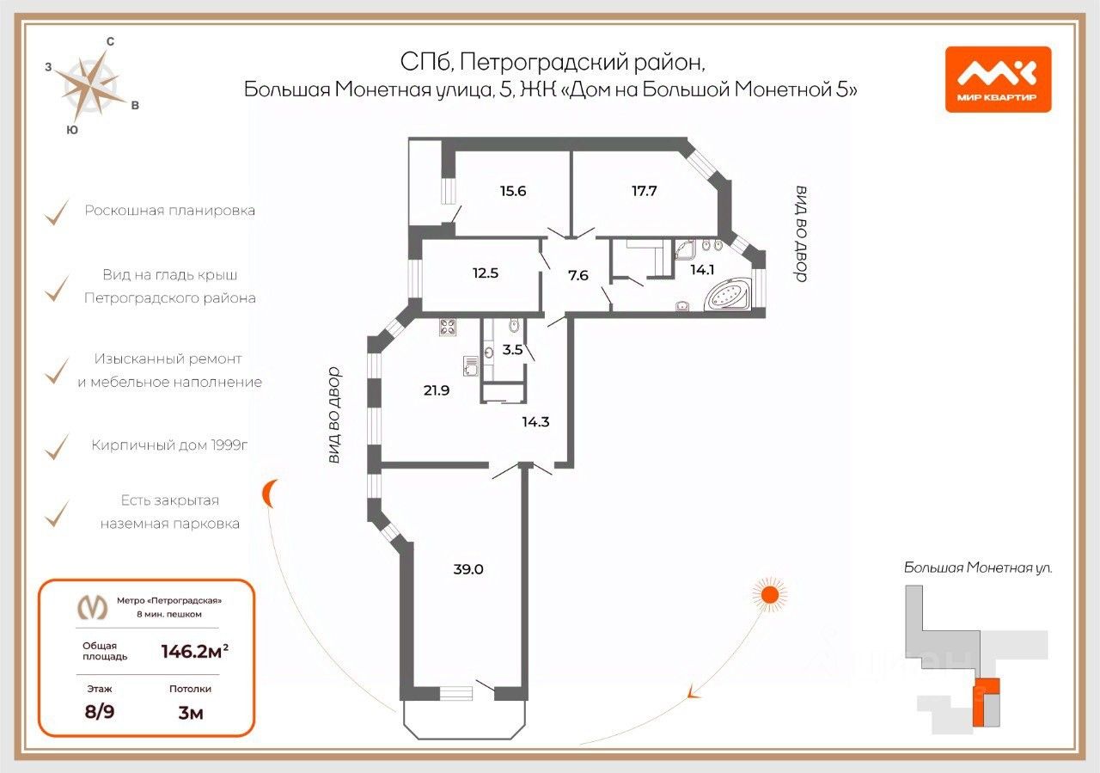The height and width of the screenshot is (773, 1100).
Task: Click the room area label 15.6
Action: (513, 191)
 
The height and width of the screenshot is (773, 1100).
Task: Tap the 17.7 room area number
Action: (644, 191)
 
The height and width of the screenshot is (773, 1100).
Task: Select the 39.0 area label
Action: (468, 569)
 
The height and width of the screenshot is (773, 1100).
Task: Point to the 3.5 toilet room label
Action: (512, 349)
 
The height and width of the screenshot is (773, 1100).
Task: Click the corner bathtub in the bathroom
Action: (727, 294)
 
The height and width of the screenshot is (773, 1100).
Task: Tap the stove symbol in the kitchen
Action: (448, 327)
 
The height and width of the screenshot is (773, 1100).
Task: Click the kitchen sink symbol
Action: (470, 366)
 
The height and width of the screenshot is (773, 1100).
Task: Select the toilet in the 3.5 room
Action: (514, 325)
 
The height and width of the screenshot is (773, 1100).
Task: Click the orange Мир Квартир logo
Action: (999, 80)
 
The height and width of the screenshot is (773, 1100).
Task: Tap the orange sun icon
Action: (769, 595)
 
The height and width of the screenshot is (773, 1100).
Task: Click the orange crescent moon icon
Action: (269, 493)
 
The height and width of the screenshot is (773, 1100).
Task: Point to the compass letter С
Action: (111, 42)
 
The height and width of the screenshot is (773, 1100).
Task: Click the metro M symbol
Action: (92, 607)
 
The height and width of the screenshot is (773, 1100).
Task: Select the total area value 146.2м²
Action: (194, 651)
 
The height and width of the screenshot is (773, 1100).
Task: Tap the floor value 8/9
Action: (99, 712)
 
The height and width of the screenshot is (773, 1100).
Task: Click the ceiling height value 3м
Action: (191, 713)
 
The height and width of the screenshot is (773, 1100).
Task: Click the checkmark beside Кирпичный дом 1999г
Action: (57, 447)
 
